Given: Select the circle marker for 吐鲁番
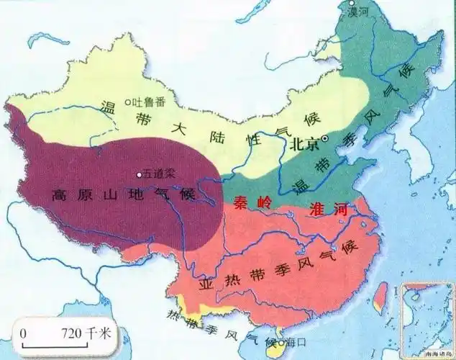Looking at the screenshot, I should click(x=127, y=102).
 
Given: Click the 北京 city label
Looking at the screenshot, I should click(x=305, y=144).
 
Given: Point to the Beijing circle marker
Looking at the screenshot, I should click(x=324, y=138).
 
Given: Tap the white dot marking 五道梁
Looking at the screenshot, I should click(x=140, y=174).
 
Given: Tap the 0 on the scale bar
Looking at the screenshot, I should click(x=23, y=333).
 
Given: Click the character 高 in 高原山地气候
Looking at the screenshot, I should click(x=63, y=194).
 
